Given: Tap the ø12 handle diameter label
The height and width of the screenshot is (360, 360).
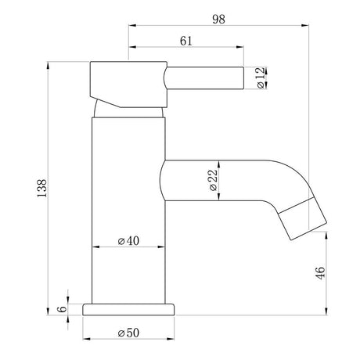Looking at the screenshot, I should pyautogui.click(x=261, y=79).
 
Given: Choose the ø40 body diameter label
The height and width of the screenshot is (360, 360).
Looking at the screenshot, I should pyautogui.click(x=129, y=241).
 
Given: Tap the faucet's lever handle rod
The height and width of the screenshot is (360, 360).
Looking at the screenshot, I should pyautogui.click(x=203, y=79).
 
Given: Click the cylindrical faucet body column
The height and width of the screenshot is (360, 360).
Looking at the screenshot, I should pyautogui.click(x=129, y=203).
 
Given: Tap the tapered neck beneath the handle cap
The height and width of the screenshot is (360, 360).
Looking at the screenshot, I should pyautogui.click(x=129, y=107).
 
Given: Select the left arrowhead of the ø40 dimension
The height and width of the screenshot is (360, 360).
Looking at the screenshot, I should pyautogui.click(x=96, y=249).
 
